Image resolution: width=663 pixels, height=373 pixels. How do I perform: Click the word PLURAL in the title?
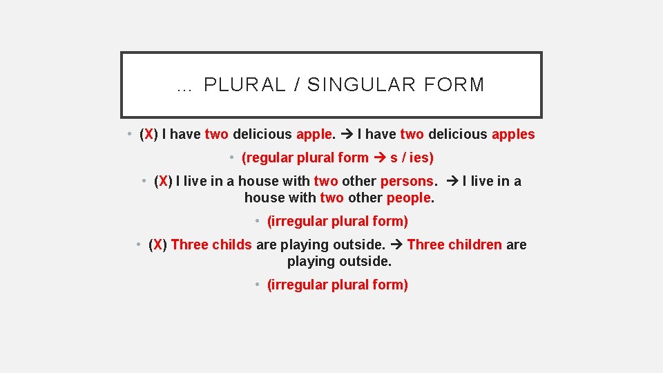(244, 85)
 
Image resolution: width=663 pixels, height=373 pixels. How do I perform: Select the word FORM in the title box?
(455, 85)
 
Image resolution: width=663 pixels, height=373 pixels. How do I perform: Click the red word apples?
(513, 134)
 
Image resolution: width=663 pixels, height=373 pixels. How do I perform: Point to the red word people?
(409, 198)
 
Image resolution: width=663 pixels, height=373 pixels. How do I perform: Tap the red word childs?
(232, 245)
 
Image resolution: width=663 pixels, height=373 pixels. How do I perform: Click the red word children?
(475, 245)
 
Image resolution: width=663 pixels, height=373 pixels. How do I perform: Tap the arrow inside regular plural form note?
(379, 157)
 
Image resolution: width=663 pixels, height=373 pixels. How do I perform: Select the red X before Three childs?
(158, 245)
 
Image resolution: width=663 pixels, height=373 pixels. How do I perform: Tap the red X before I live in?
(163, 181)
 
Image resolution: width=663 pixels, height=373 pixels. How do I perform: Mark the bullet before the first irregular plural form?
(257, 221)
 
